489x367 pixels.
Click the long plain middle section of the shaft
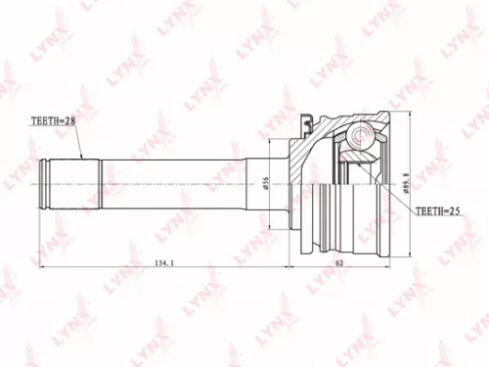coord(176,183)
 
